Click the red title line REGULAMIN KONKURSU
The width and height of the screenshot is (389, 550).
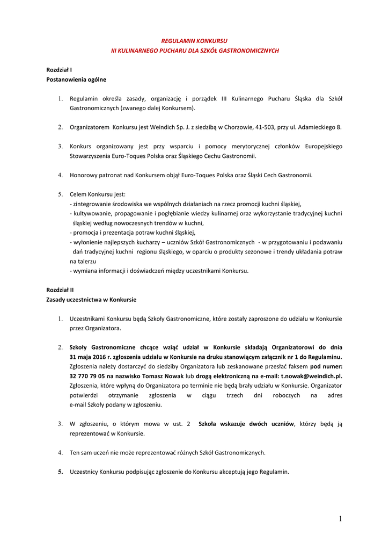195,41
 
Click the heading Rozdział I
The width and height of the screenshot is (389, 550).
59,70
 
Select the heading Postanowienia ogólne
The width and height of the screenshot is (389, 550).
76,79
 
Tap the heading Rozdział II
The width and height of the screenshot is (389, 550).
60,290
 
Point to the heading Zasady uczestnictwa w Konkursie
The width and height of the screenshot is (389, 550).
91,299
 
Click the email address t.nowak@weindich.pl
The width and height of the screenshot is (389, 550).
311,376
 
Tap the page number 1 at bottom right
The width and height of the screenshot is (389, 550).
340,518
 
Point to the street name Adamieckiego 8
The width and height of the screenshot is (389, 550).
320,127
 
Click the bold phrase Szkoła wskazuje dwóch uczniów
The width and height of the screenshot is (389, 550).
246,424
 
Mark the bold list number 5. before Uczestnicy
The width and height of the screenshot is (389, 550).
61,472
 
